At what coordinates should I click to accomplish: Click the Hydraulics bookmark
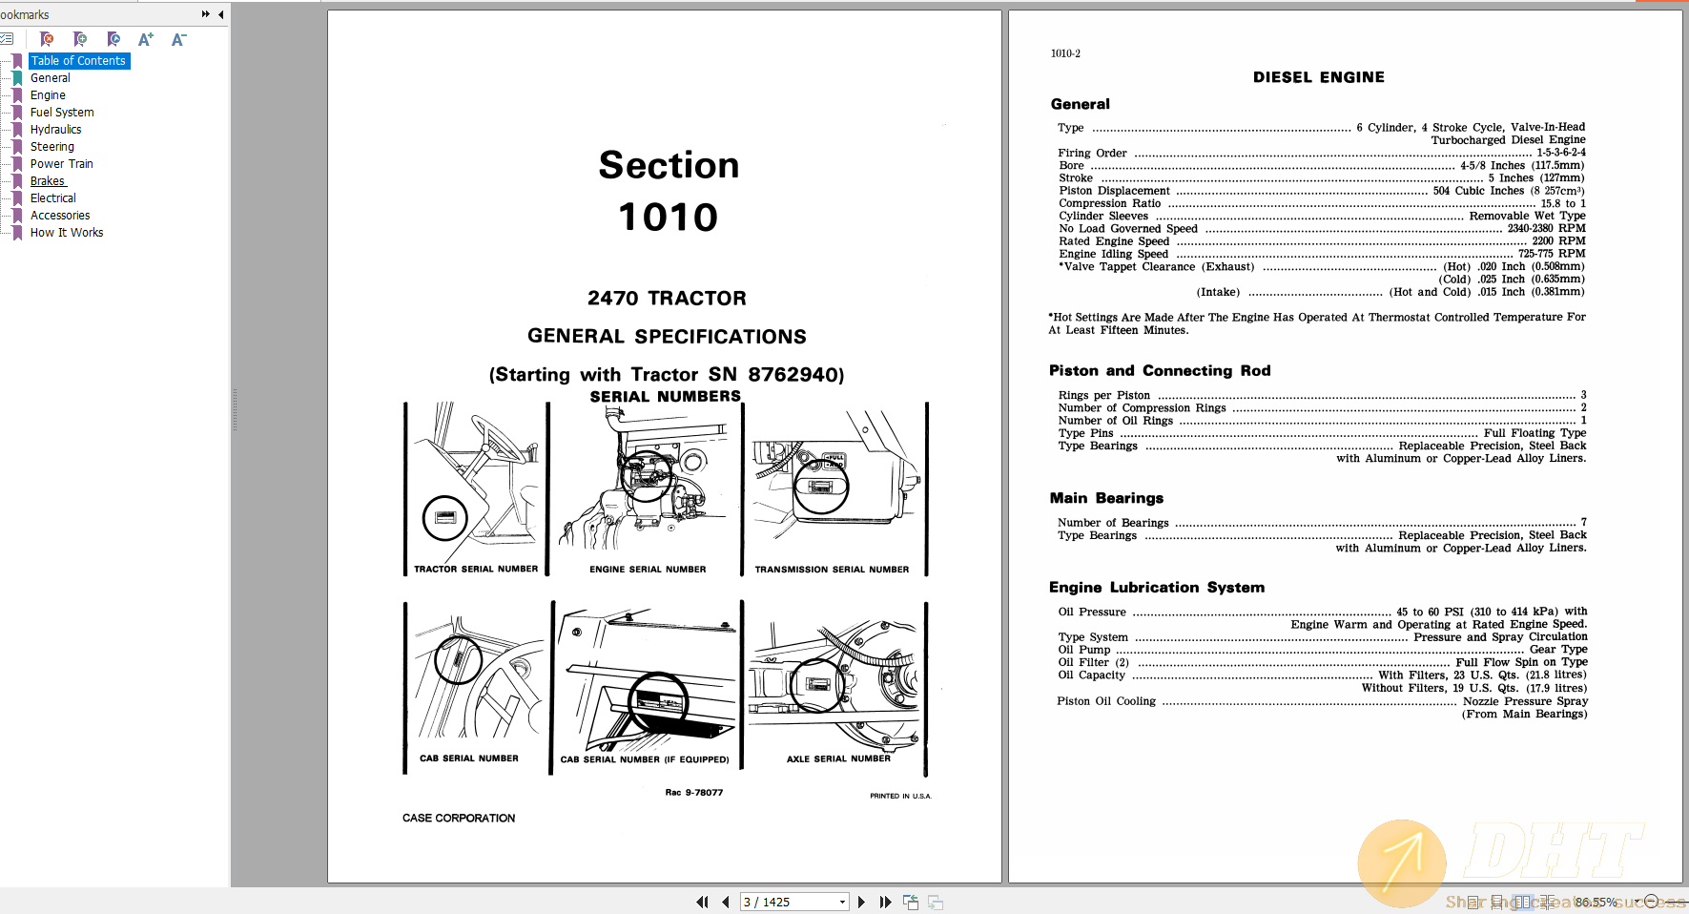click(x=55, y=130)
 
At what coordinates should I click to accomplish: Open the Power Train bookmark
click(x=61, y=164)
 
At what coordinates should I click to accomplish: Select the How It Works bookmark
click(x=66, y=233)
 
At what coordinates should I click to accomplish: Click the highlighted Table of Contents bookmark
click(x=78, y=61)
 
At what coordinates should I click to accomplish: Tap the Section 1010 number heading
click(x=668, y=218)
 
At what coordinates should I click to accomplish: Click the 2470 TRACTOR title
click(x=667, y=299)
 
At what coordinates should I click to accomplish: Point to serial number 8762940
click(x=795, y=375)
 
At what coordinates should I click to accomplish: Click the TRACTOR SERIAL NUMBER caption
click(x=475, y=570)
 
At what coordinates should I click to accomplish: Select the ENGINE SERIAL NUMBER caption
click(x=648, y=570)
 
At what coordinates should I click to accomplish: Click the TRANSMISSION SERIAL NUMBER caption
click(x=832, y=570)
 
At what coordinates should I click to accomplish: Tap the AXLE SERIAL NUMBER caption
click(x=837, y=759)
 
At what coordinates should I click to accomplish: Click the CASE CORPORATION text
click(x=458, y=819)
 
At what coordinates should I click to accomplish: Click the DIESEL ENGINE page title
click(x=1318, y=77)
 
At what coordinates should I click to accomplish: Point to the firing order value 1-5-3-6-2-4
click(x=1560, y=153)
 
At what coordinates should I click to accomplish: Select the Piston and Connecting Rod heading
click(x=1159, y=371)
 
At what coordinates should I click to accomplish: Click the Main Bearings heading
click(x=1106, y=498)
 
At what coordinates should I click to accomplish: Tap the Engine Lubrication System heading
click(x=1156, y=588)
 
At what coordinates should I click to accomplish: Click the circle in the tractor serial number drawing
click(x=444, y=518)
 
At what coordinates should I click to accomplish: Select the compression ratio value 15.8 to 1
click(x=1562, y=203)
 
